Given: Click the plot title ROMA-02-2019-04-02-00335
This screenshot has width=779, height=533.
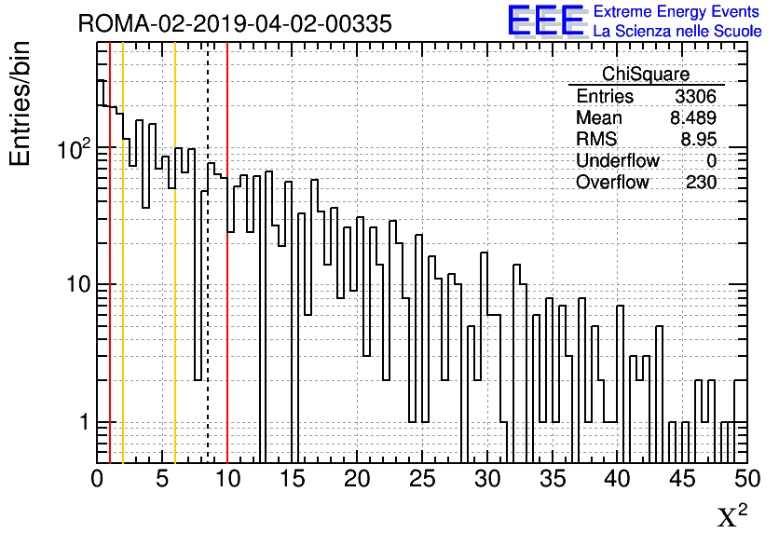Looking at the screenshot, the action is (x=235, y=23).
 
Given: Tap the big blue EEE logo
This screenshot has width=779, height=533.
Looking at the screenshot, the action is (x=546, y=20).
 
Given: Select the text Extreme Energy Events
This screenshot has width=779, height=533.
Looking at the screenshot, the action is (x=676, y=11).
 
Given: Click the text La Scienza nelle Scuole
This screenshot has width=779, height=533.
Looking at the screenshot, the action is (x=677, y=31).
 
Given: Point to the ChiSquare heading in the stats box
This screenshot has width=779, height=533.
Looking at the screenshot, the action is (x=646, y=74).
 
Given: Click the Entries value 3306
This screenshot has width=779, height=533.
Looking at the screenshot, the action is (x=695, y=96).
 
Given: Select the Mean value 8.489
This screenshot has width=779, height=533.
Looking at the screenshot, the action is (x=693, y=117).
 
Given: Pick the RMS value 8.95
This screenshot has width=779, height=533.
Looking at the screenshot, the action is (x=699, y=139).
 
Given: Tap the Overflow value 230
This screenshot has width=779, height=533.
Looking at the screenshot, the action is (x=702, y=183).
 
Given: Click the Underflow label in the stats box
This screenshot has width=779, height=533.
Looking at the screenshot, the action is (x=618, y=160).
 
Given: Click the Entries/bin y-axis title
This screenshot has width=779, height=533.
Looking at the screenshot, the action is (x=20, y=103).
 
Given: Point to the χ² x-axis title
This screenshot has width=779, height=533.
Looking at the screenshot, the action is (x=732, y=516).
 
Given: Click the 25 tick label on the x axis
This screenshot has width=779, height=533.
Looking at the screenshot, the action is (x=422, y=479).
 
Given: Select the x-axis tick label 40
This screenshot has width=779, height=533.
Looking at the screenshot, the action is (x=617, y=479).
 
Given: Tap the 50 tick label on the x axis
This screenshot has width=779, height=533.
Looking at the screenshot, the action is (x=747, y=479).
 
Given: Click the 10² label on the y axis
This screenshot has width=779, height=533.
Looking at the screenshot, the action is (x=74, y=149).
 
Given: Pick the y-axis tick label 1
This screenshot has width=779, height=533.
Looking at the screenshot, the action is (x=84, y=422).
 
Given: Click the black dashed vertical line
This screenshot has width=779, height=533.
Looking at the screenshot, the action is (x=208, y=253).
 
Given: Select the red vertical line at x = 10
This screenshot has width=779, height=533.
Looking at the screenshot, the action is (x=227, y=253).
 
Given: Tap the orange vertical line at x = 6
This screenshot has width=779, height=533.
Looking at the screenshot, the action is (x=175, y=253).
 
